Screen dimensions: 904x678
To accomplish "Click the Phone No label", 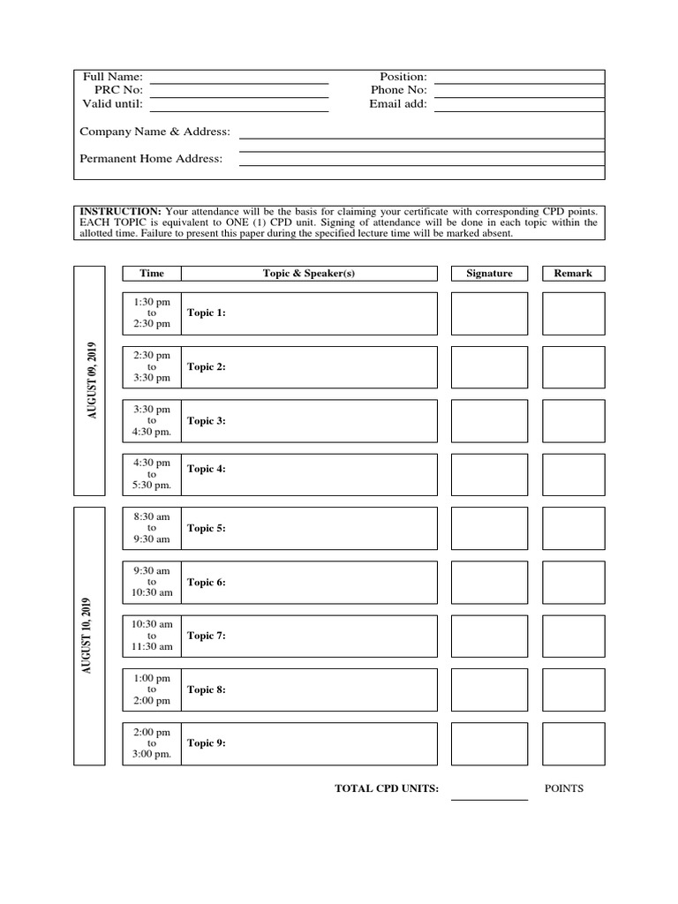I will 399,91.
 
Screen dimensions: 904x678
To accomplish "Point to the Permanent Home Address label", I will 151,159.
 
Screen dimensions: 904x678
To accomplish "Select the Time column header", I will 152,274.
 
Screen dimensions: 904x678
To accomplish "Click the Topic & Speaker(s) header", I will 309,274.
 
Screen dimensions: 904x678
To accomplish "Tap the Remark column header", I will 573,274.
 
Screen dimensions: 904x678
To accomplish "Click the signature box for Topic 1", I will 489,313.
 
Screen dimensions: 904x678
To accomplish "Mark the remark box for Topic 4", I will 573,475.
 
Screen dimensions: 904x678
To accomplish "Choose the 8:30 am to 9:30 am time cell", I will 152,528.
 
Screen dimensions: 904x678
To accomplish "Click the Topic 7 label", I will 207,636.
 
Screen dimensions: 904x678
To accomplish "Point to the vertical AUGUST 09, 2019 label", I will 89,380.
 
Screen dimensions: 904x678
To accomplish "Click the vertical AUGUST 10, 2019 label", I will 89,636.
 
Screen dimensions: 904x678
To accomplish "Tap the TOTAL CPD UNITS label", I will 387,789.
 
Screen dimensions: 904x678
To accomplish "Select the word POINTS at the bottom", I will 564,788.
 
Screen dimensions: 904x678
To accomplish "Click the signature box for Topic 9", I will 489,743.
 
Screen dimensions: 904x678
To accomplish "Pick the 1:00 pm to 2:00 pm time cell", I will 152,689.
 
